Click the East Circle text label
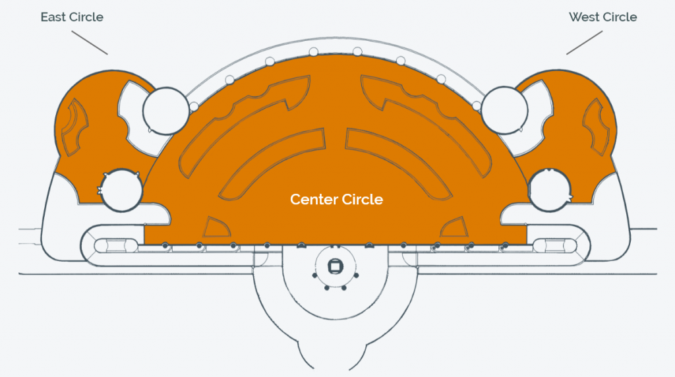click(x=72, y=17)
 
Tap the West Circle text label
click(x=602, y=17)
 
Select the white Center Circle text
click(x=337, y=199)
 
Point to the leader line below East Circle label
click(x=90, y=43)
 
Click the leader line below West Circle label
click(x=584, y=43)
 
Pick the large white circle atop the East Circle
click(x=165, y=111)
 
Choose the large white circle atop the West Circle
click(x=504, y=110)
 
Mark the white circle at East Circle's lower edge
click(x=121, y=190)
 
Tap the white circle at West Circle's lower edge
click(x=550, y=190)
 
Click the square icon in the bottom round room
click(x=335, y=266)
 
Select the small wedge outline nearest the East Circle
click(x=216, y=227)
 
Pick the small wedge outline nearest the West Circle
click(x=454, y=227)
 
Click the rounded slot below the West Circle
click(x=555, y=246)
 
